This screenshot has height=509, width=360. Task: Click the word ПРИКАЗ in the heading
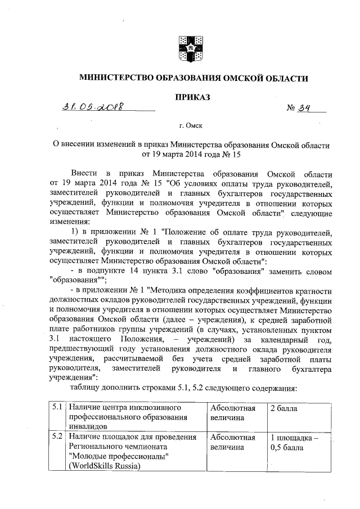193,97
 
